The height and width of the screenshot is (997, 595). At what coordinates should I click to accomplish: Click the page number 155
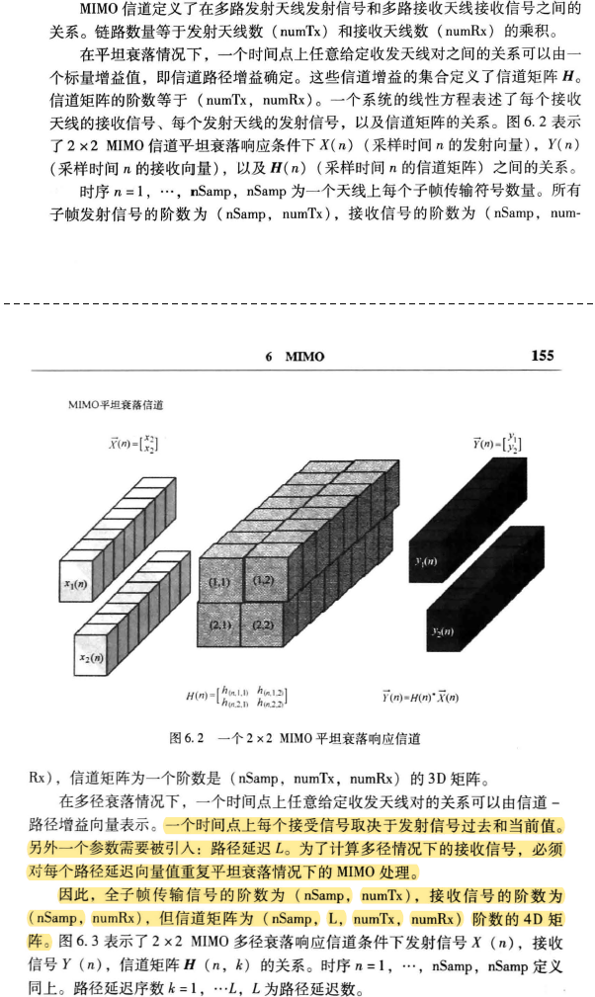pyautogui.click(x=542, y=356)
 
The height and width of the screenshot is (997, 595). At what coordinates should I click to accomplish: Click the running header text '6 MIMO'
pyautogui.click(x=295, y=357)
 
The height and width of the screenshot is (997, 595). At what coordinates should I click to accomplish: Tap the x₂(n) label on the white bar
pyautogui.click(x=93, y=656)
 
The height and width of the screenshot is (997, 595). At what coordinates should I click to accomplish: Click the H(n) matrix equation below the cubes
pyautogui.click(x=237, y=699)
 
